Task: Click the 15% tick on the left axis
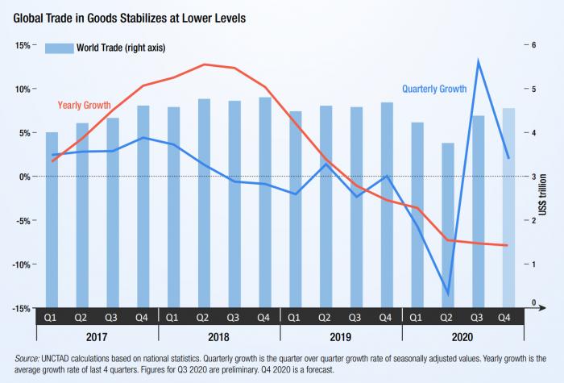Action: click(21, 46)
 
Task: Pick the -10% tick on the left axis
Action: click(19, 264)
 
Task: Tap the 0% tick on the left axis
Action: click(23, 177)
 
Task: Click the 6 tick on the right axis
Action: click(533, 46)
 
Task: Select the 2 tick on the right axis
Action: click(533, 221)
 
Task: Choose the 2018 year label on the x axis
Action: click(218, 336)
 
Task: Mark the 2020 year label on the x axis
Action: click(462, 336)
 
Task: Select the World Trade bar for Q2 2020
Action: click(447, 226)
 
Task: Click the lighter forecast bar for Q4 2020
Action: click(508, 208)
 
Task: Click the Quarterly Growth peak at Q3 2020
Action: click(479, 61)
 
